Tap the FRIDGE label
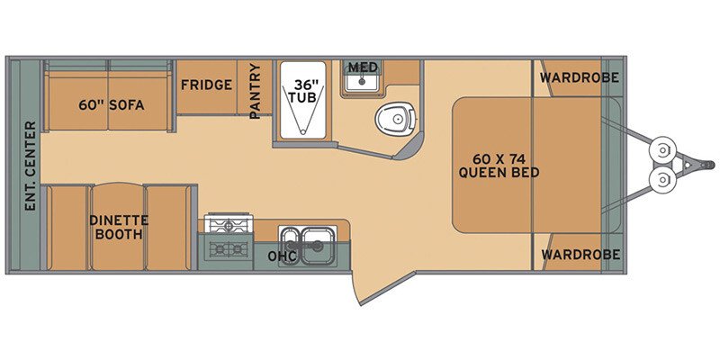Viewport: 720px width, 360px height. coord(206,85)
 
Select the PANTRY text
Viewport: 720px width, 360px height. coord(256,90)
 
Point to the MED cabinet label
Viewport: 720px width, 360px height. coord(363,67)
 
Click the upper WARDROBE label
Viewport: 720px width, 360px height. coord(579,78)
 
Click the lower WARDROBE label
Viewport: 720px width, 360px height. coord(579,255)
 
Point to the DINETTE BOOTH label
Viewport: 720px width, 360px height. coord(118,228)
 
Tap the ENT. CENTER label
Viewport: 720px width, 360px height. coord(30,166)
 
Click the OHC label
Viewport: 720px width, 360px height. coord(281,256)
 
